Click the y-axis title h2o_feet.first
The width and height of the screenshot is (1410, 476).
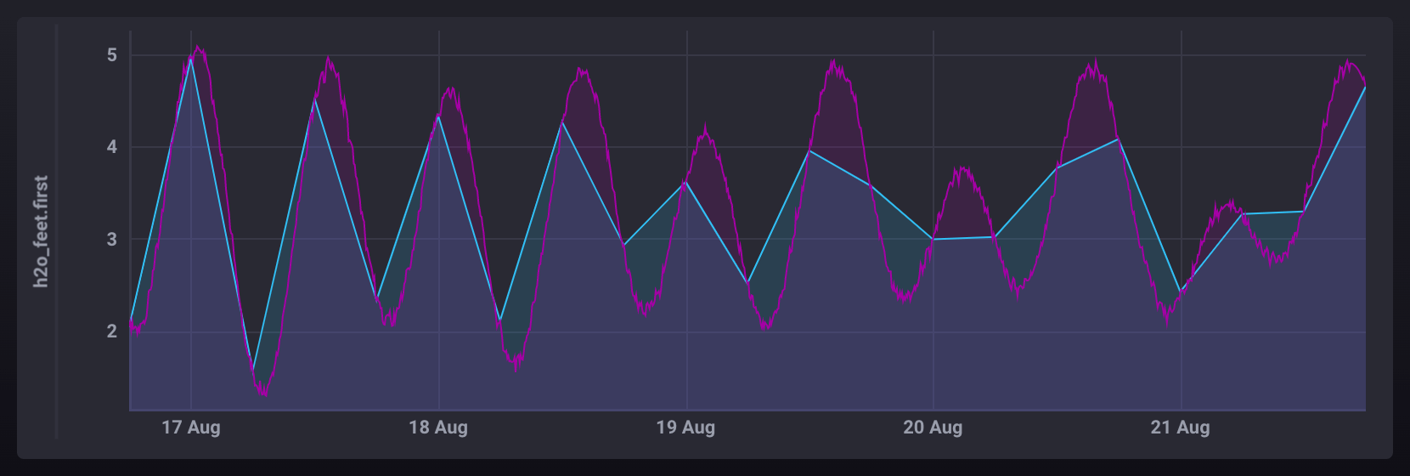(x=41, y=231)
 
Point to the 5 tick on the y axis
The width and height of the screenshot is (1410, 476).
(x=112, y=55)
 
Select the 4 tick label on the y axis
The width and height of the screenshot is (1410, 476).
(x=112, y=147)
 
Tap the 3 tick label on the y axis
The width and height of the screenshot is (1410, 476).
(x=112, y=240)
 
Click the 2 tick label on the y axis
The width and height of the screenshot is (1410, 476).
(x=112, y=331)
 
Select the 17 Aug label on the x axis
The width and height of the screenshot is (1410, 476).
(x=191, y=428)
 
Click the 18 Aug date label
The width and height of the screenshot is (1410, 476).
(x=438, y=428)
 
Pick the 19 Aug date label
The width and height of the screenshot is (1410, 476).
(x=685, y=428)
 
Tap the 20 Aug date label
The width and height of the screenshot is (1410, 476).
(x=933, y=428)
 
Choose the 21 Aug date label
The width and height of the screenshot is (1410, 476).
(x=1180, y=428)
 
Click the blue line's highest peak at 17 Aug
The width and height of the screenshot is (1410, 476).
(x=191, y=58)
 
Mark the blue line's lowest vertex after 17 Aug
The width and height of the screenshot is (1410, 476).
(x=253, y=371)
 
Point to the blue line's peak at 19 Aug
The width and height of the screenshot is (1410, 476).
(x=685, y=181)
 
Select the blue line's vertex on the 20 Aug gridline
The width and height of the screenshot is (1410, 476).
(x=933, y=240)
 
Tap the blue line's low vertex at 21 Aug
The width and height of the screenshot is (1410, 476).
(x=1180, y=292)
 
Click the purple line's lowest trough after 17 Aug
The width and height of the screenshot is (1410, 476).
(x=264, y=394)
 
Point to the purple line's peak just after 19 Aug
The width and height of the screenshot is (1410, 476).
(x=705, y=127)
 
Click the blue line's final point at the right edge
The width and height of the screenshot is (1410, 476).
(x=1365, y=87)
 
